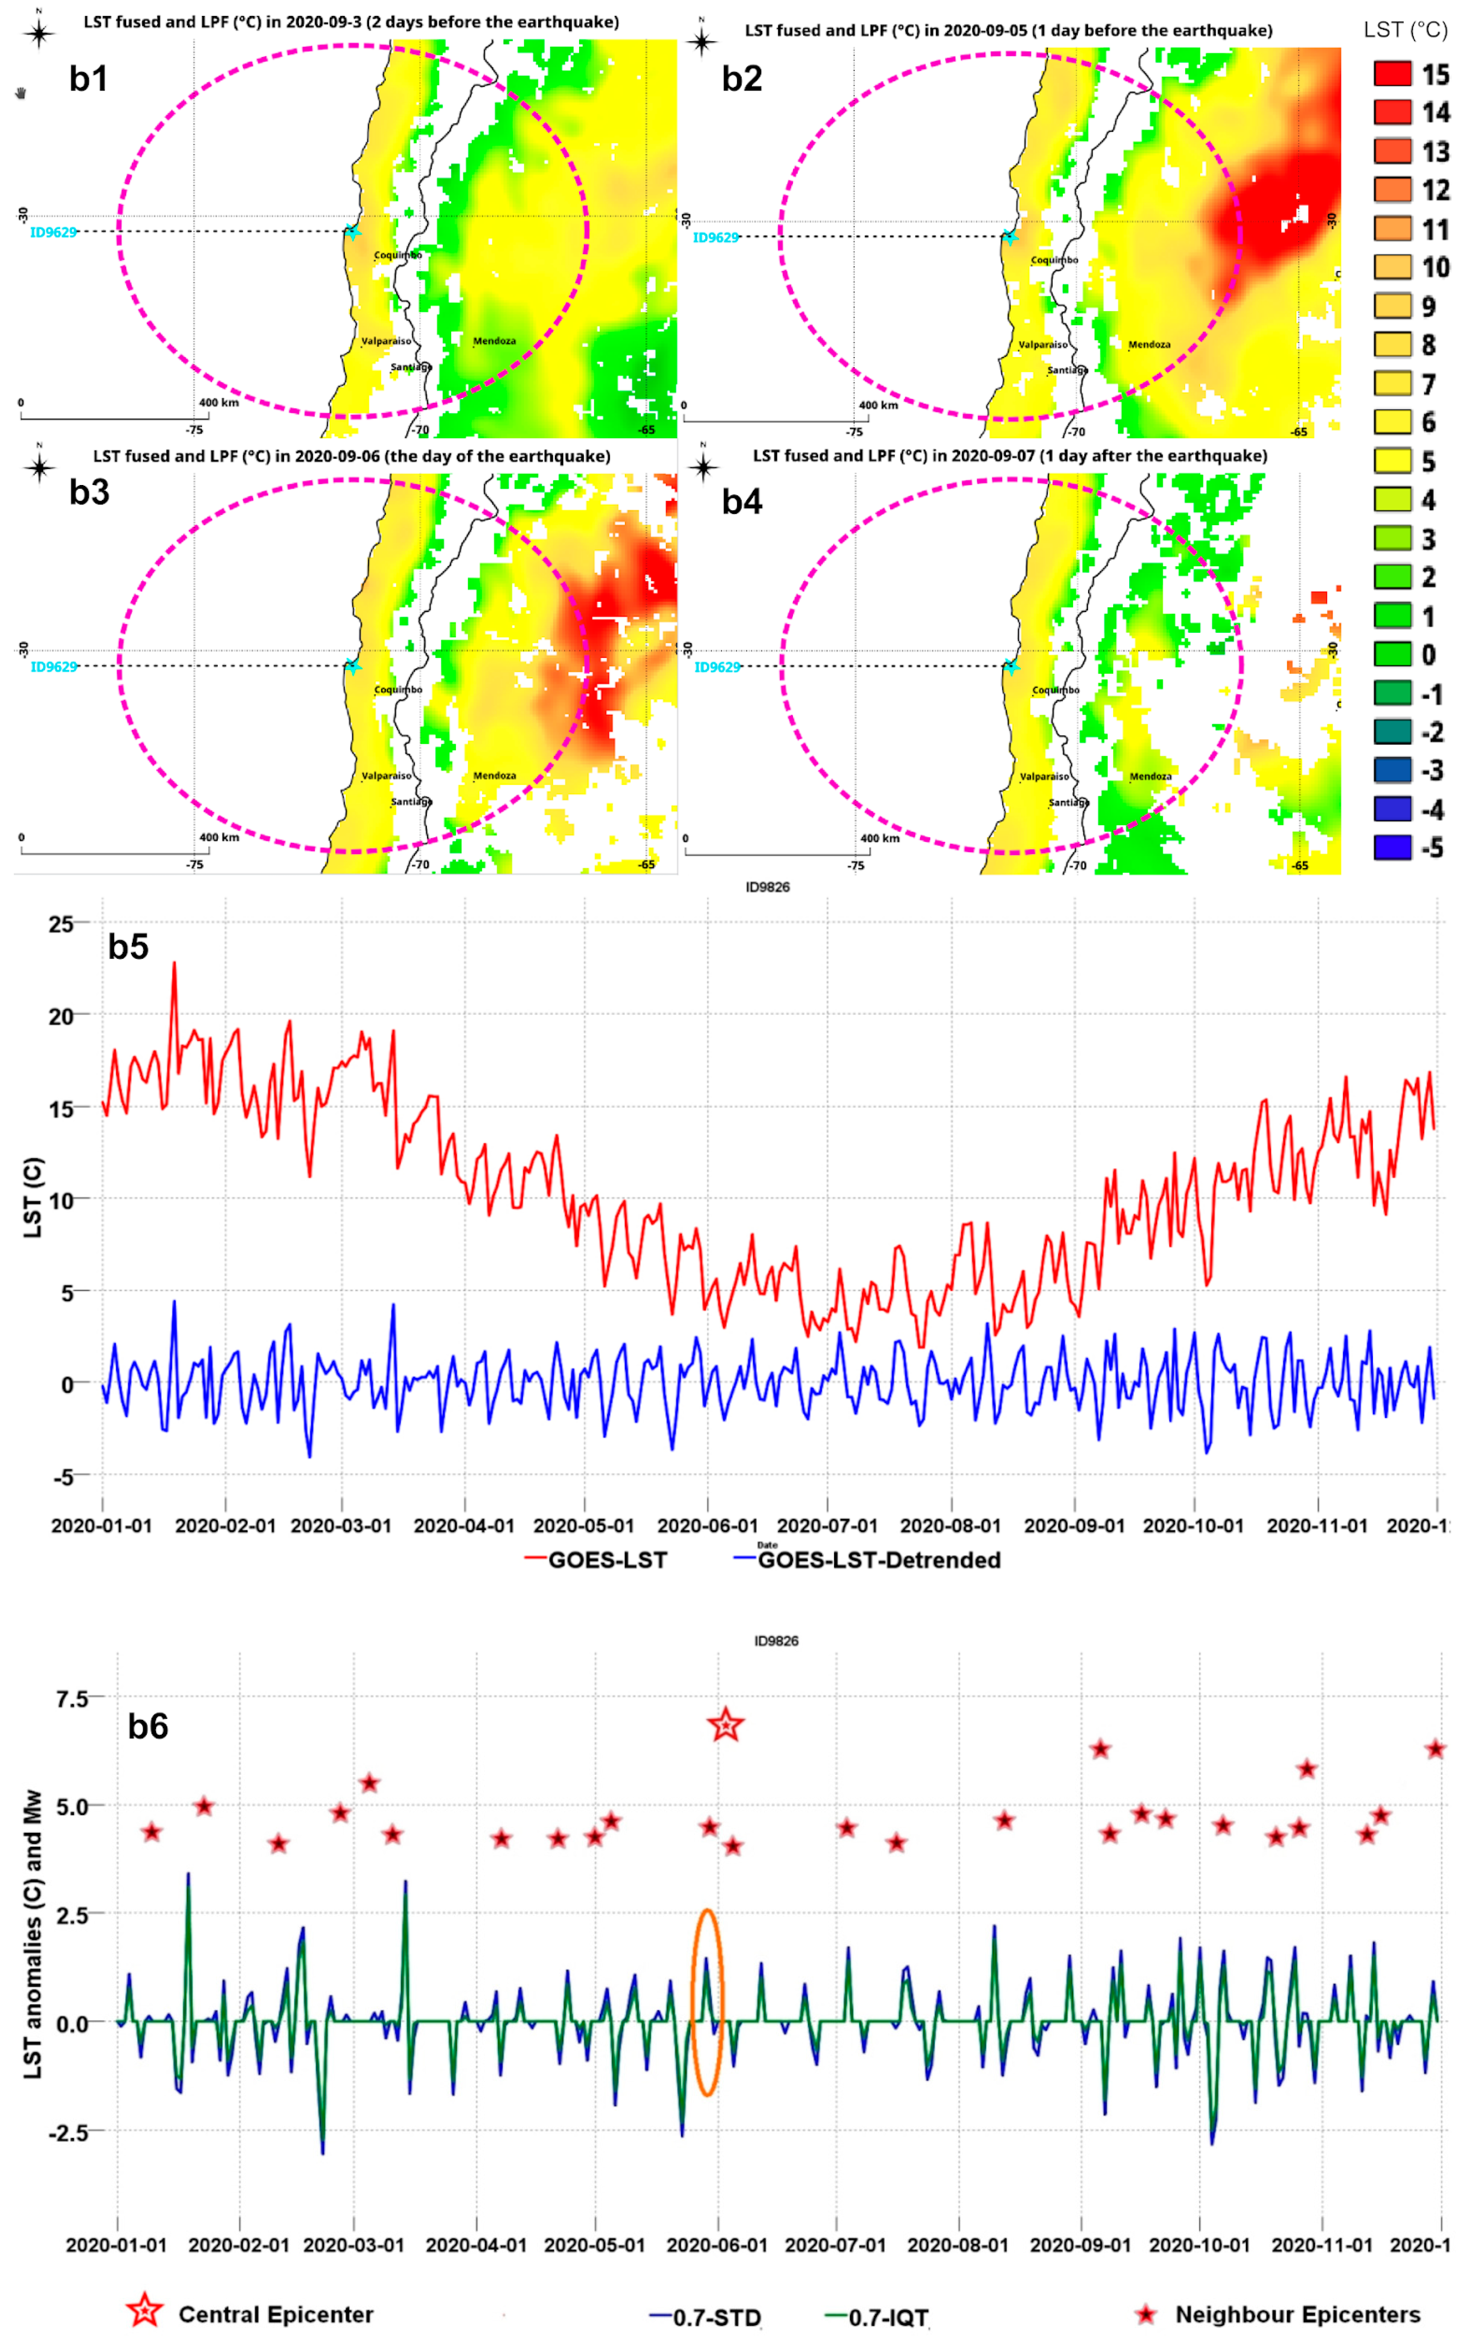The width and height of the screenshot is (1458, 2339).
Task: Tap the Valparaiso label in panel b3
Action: (x=386, y=775)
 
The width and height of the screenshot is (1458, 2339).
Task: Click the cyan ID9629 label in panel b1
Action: (x=53, y=233)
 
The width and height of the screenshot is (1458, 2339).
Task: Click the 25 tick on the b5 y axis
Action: (x=62, y=924)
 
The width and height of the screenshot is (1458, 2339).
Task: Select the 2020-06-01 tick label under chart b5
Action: (x=707, y=1526)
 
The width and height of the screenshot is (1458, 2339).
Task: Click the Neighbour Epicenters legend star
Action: (x=1146, y=2314)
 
